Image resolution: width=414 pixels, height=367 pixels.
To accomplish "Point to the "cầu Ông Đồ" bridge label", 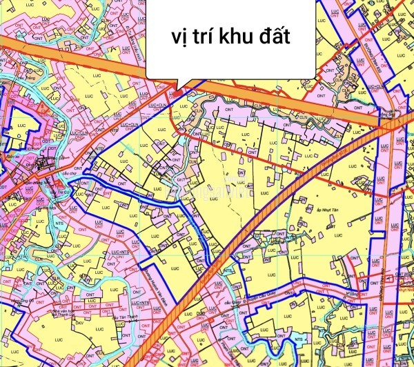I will coord(26,301).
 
